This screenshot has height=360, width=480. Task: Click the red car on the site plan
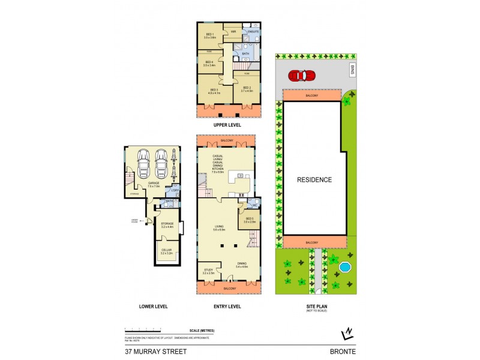pos(301,76)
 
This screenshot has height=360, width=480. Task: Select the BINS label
pos(354,70)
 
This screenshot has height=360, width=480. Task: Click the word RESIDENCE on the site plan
pos(314,179)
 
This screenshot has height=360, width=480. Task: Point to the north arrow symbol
pos(346,334)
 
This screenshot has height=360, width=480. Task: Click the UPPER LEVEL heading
pos(227,125)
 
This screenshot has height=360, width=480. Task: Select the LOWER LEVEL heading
pos(153,307)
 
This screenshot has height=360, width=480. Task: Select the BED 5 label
pos(250,218)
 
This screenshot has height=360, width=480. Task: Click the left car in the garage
pos(144,163)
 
